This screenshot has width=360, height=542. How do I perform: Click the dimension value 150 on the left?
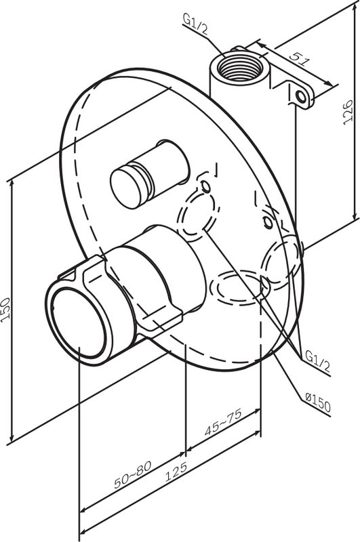[x=5, y=310]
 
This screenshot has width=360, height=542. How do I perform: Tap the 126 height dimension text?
[x=347, y=112]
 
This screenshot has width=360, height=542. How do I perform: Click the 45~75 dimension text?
[x=223, y=422]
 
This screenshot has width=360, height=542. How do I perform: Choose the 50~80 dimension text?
[x=132, y=475]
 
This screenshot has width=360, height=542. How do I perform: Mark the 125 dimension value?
[x=176, y=471]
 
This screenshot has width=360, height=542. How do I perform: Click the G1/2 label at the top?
[x=195, y=24]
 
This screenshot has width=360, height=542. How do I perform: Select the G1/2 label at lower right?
[x=317, y=361]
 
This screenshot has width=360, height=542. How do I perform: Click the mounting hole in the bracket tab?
[x=302, y=96]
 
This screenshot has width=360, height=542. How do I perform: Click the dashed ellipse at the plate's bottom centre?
[x=239, y=287]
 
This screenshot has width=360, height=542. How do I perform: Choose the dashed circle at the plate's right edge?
[x=281, y=262]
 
